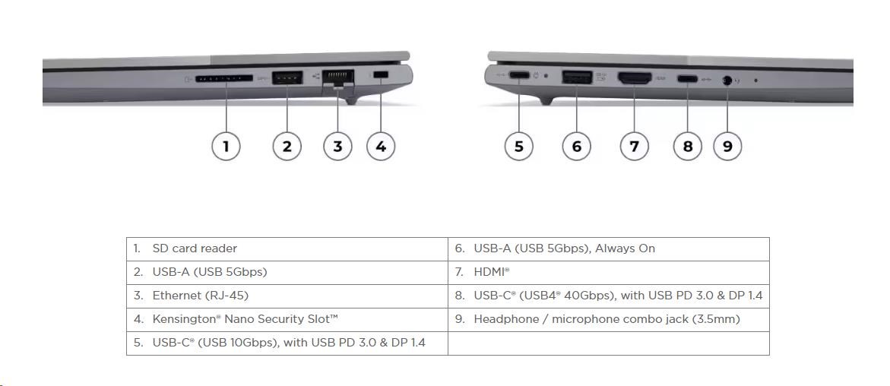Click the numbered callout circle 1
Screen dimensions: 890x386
(226, 146)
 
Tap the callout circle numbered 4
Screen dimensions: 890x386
(381, 146)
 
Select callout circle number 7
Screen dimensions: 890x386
(634, 146)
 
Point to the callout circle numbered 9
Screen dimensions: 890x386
(727, 146)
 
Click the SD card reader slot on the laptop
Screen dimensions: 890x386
(224, 79)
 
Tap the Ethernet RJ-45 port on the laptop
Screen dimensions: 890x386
(337, 78)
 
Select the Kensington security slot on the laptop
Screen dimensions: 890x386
(382, 74)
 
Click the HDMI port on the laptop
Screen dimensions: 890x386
(635, 78)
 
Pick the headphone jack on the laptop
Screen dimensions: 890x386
(727, 80)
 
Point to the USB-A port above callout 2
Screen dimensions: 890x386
(287, 77)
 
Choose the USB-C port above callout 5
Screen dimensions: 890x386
(519, 75)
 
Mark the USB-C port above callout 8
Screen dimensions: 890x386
(687, 78)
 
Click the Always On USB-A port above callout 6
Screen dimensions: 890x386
(578, 77)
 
